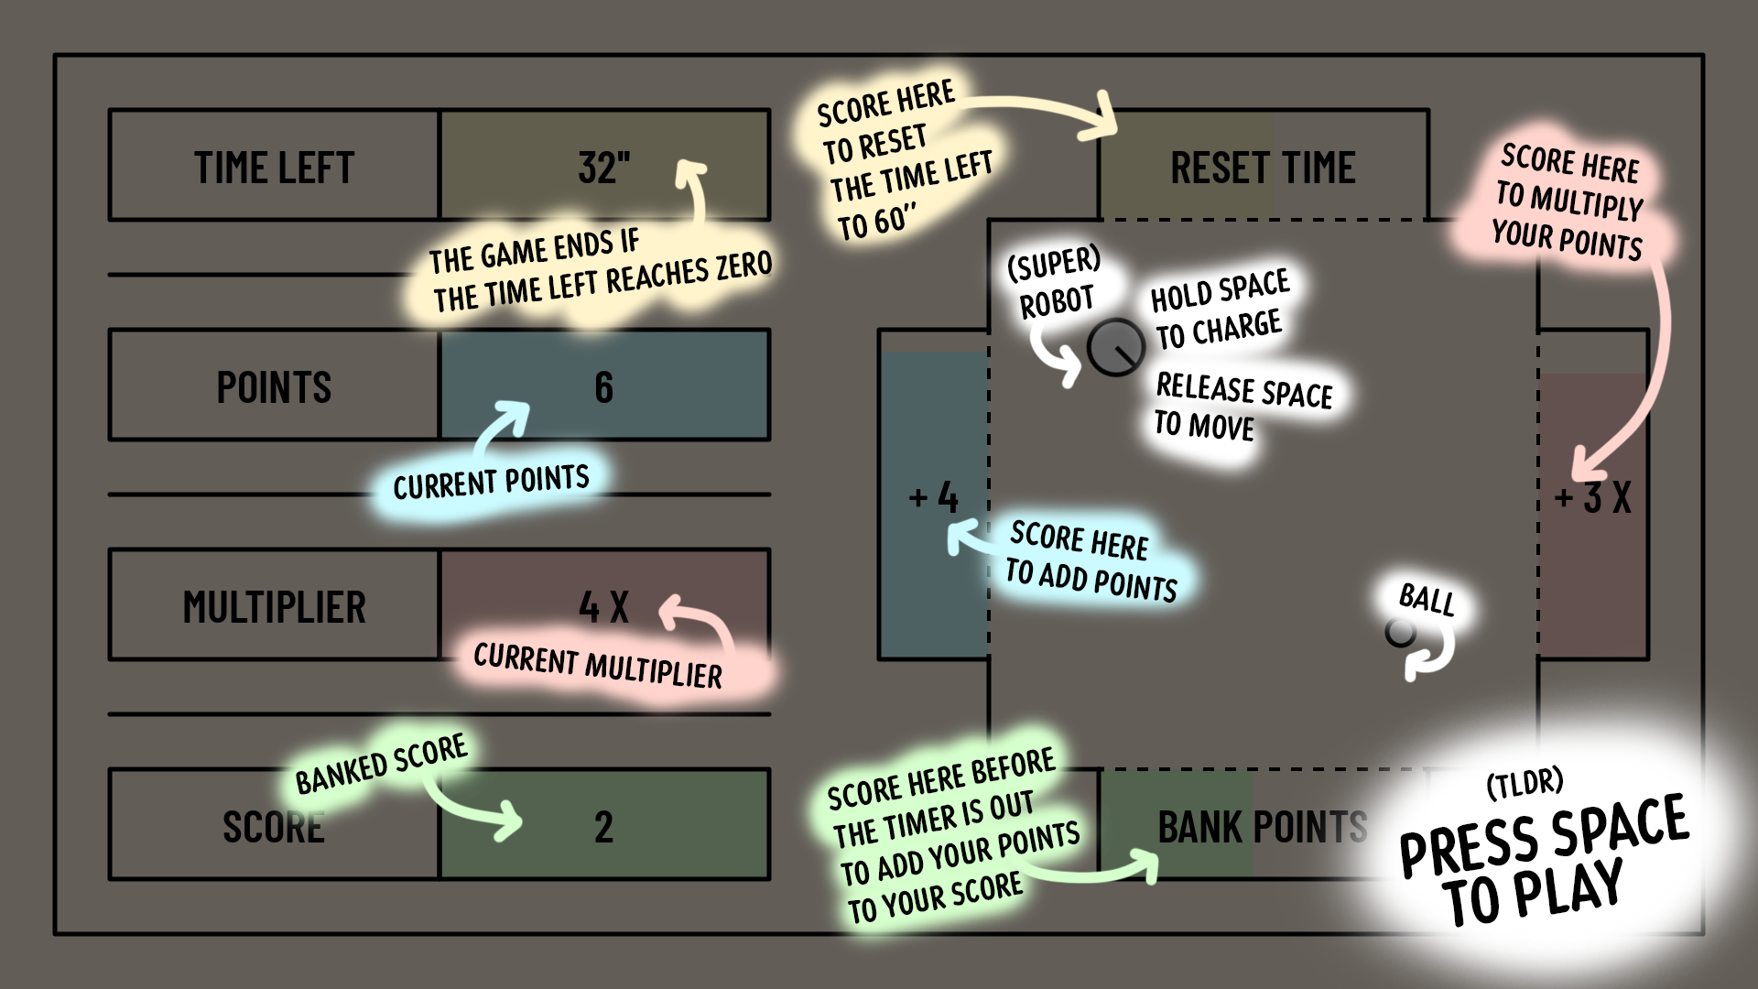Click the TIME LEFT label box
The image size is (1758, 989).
pos(275,166)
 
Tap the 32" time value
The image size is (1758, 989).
pos(604,168)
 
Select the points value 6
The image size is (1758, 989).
pos(603,387)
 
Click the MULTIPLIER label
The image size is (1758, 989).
pos(275,607)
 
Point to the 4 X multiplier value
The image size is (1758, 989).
pos(603,607)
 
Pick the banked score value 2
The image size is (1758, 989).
pos(603,827)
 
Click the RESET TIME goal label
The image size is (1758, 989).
pos(1264,168)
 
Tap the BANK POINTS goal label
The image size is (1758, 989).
pos(1263,828)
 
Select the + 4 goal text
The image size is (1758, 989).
pos(934,498)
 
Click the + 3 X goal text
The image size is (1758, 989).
pos(1593,498)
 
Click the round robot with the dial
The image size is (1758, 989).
pos(1116,347)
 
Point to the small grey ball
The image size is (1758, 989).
pos(1400,632)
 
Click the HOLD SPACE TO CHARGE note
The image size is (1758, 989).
pos(1220,310)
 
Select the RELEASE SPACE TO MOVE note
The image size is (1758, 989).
pos(1243,407)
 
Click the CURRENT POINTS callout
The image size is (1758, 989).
pos(491,482)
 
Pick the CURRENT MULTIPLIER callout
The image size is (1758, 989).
pos(598,666)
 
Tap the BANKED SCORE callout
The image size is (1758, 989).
pos(381,764)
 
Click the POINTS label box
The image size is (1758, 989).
pos(275,386)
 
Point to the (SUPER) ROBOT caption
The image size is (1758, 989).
pos(1054,283)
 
